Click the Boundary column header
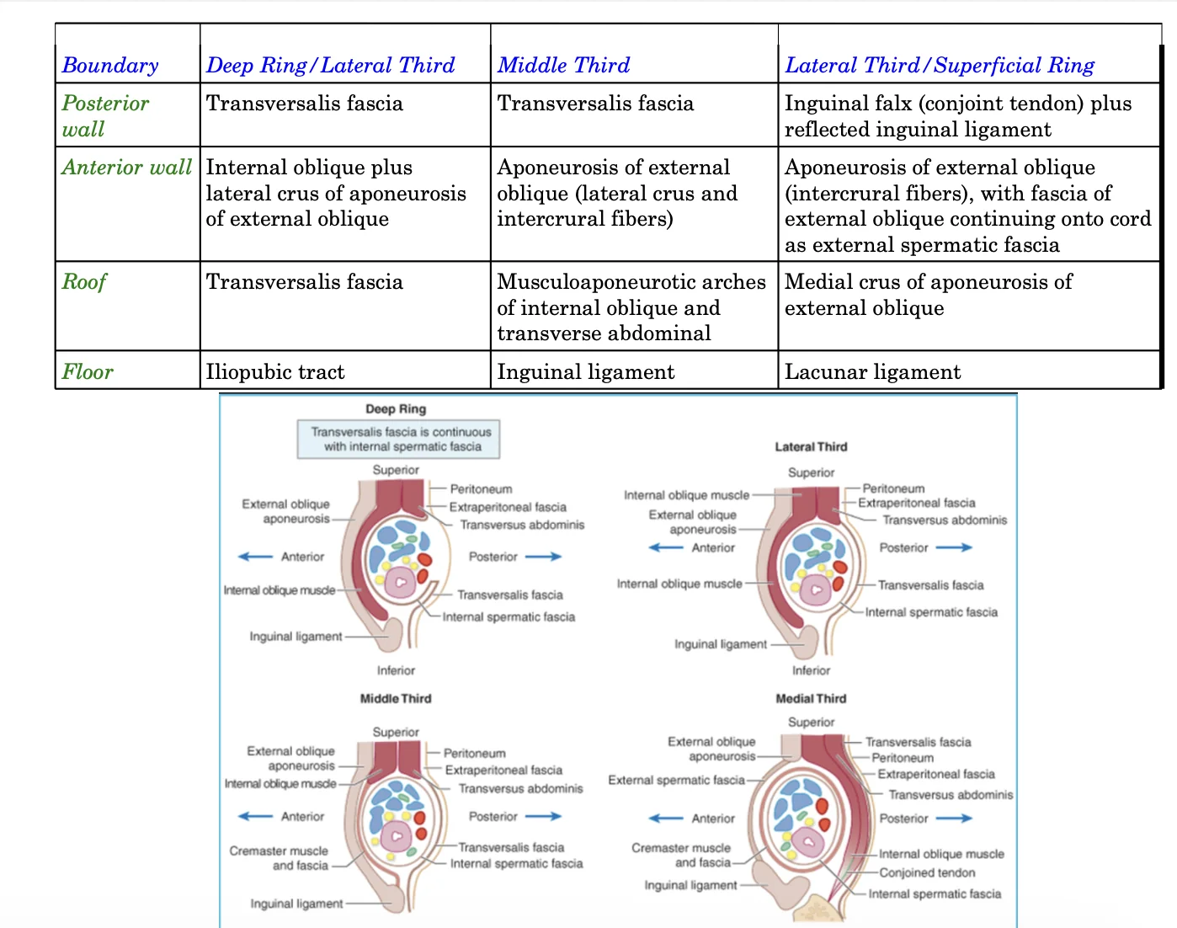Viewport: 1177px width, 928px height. (110, 65)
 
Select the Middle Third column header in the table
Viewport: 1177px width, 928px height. (563, 65)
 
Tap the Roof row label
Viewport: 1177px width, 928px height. (83, 282)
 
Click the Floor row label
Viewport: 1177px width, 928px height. (88, 372)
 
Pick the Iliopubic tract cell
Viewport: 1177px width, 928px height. (275, 372)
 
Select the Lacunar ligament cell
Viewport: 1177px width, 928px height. (872, 372)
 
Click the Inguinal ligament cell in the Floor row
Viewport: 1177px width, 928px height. (586, 372)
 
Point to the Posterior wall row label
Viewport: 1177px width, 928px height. (105, 116)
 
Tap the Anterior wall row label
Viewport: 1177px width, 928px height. (127, 167)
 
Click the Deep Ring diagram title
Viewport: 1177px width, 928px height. (396, 408)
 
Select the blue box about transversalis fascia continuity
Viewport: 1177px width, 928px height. (399, 439)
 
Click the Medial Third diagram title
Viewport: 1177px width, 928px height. (811, 698)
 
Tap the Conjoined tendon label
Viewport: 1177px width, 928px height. (927, 872)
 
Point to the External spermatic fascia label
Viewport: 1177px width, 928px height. (677, 780)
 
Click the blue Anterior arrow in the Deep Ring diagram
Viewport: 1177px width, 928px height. (255, 557)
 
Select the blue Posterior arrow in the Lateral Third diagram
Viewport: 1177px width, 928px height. (954, 547)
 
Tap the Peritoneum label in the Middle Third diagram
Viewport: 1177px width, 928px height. (474, 754)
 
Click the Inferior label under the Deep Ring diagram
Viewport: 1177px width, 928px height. (396, 670)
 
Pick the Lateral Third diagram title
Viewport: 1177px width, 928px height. (811, 446)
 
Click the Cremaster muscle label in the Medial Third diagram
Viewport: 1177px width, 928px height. (681, 855)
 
